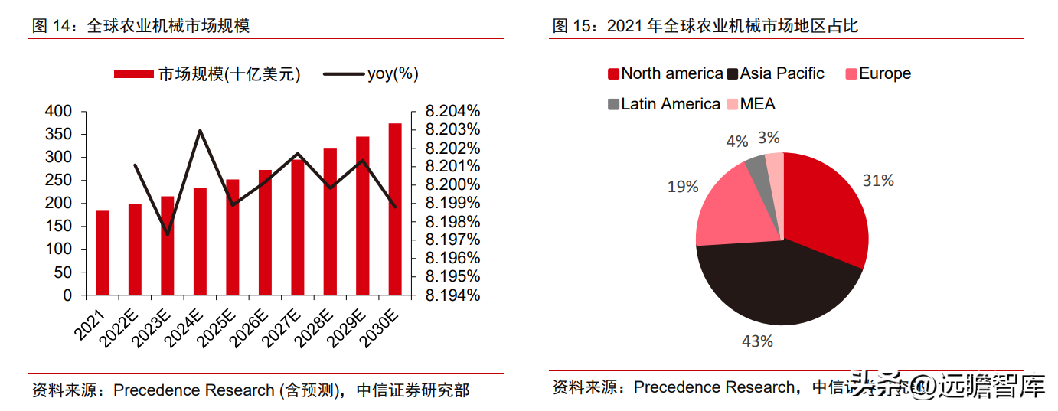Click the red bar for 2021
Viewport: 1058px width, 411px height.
click(102, 253)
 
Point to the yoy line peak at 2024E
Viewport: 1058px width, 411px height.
click(200, 131)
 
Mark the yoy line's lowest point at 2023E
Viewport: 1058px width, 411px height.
click(167, 234)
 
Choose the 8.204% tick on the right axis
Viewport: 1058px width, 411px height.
click(452, 112)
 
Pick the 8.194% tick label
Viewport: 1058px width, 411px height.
click(452, 295)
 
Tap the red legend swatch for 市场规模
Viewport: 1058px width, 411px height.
click(134, 74)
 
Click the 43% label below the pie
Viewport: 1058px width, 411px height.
click(757, 341)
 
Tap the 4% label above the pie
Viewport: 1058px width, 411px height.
click(736, 142)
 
